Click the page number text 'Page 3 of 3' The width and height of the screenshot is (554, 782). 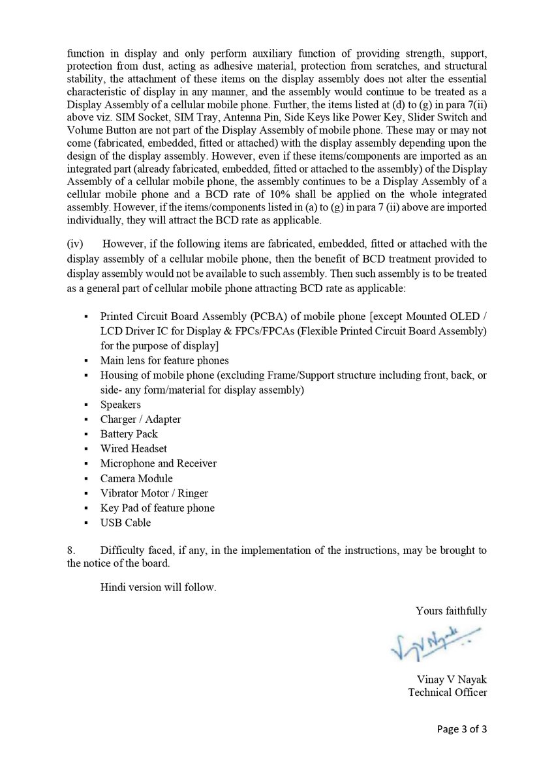click(462, 729)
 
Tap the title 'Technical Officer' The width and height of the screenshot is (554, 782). click(447, 692)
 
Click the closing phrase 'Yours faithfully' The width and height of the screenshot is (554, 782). click(451, 611)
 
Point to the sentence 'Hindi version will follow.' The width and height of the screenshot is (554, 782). click(158, 587)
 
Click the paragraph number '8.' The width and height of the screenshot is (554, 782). click(71, 550)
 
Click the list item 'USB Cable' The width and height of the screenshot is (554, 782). click(125, 523)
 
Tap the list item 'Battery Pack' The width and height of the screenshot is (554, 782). click(129, 434)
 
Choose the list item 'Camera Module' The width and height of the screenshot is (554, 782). click(136, 478)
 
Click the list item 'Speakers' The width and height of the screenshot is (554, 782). click(120, 405)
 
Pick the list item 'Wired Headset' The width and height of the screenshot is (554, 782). click(133, 449)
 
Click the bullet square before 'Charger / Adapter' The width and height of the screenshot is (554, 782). click(85, 420)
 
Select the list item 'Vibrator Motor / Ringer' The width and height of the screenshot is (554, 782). click(154, 493)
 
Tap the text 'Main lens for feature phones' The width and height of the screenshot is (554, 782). click(164, 360)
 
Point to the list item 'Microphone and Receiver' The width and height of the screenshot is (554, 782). click(158, 463)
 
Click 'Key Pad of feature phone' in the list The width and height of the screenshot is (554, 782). click(157, 508)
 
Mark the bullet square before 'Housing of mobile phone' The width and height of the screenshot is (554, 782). click(85, 376)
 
